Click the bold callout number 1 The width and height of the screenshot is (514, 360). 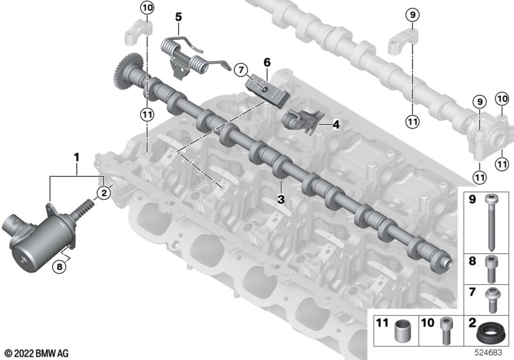(76, 157)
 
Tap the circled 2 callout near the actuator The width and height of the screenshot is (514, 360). (104, 193)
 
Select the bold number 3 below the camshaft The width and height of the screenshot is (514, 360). (281, 199)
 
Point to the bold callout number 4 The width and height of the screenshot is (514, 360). (335, 125)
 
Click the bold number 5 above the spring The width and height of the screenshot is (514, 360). (179, 17)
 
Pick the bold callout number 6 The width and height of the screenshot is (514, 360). (267, 62)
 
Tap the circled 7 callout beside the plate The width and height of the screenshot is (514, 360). (242, 70)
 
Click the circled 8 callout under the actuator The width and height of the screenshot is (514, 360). (59, 267)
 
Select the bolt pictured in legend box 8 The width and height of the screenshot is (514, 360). (491, 269)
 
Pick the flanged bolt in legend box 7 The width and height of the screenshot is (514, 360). (492, 300)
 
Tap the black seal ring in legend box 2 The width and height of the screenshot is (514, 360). (490, 332)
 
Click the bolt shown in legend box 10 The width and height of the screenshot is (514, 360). (446, 330)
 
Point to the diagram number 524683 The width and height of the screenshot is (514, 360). (488, 353)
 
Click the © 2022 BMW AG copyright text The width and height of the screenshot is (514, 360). (37, 354)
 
